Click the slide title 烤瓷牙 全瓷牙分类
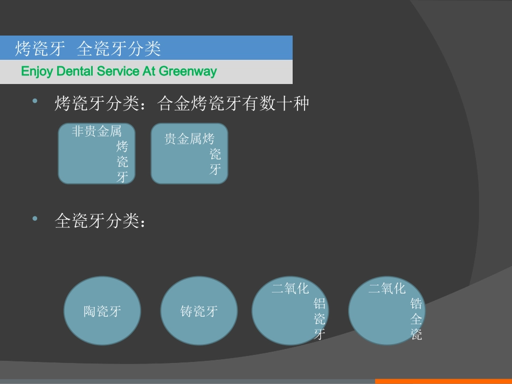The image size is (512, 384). (x=88, y=49)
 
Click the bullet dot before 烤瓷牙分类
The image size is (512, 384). (x=36, y=101)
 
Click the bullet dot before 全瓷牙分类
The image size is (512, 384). (x=36, y=218)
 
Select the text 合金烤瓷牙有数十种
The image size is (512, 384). (x=233, y=103)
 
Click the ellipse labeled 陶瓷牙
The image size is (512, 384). (x=102, y=311)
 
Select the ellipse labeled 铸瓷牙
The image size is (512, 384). (x=199, y=311)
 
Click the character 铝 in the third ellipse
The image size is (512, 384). (x=320, y=303)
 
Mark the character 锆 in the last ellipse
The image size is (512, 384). (x=416, y=303)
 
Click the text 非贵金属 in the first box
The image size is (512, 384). (x=97, y=131)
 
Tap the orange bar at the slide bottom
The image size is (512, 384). (x=443, y=381)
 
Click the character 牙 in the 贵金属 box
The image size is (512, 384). (x=215, y=170)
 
